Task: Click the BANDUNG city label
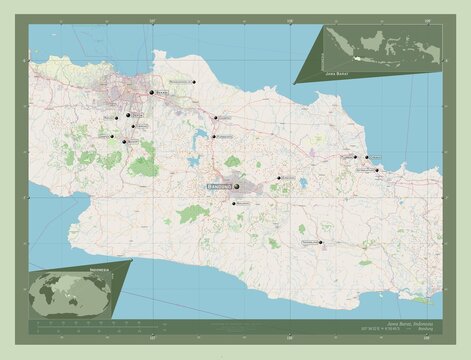(219, 186)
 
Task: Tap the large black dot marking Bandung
(237, 185)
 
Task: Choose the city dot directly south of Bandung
(233, 204)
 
